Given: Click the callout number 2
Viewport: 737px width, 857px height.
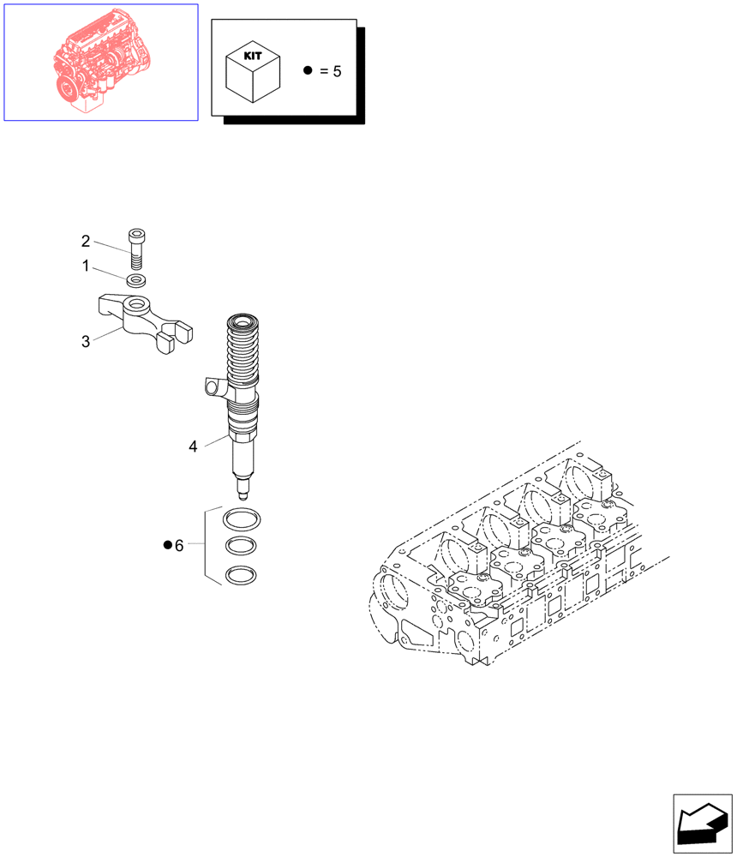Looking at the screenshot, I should (86, 241).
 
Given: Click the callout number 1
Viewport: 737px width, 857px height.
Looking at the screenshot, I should (86, 267).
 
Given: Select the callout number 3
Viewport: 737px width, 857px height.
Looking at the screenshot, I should (86, 342).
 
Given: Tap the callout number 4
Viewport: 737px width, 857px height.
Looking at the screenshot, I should (193, 446).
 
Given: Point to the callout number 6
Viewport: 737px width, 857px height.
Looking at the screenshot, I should (179, 546).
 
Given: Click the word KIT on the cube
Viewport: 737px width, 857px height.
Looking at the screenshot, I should (253, 55).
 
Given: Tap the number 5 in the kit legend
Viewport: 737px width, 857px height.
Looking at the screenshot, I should (337, 71).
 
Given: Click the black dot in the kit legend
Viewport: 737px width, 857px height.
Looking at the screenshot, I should (308, 70).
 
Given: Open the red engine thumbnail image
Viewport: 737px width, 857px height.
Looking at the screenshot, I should (101, 63).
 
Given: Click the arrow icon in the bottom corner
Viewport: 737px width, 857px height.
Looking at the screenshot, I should (703, 822).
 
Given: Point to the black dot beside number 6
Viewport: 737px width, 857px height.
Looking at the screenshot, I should (168, 546).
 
